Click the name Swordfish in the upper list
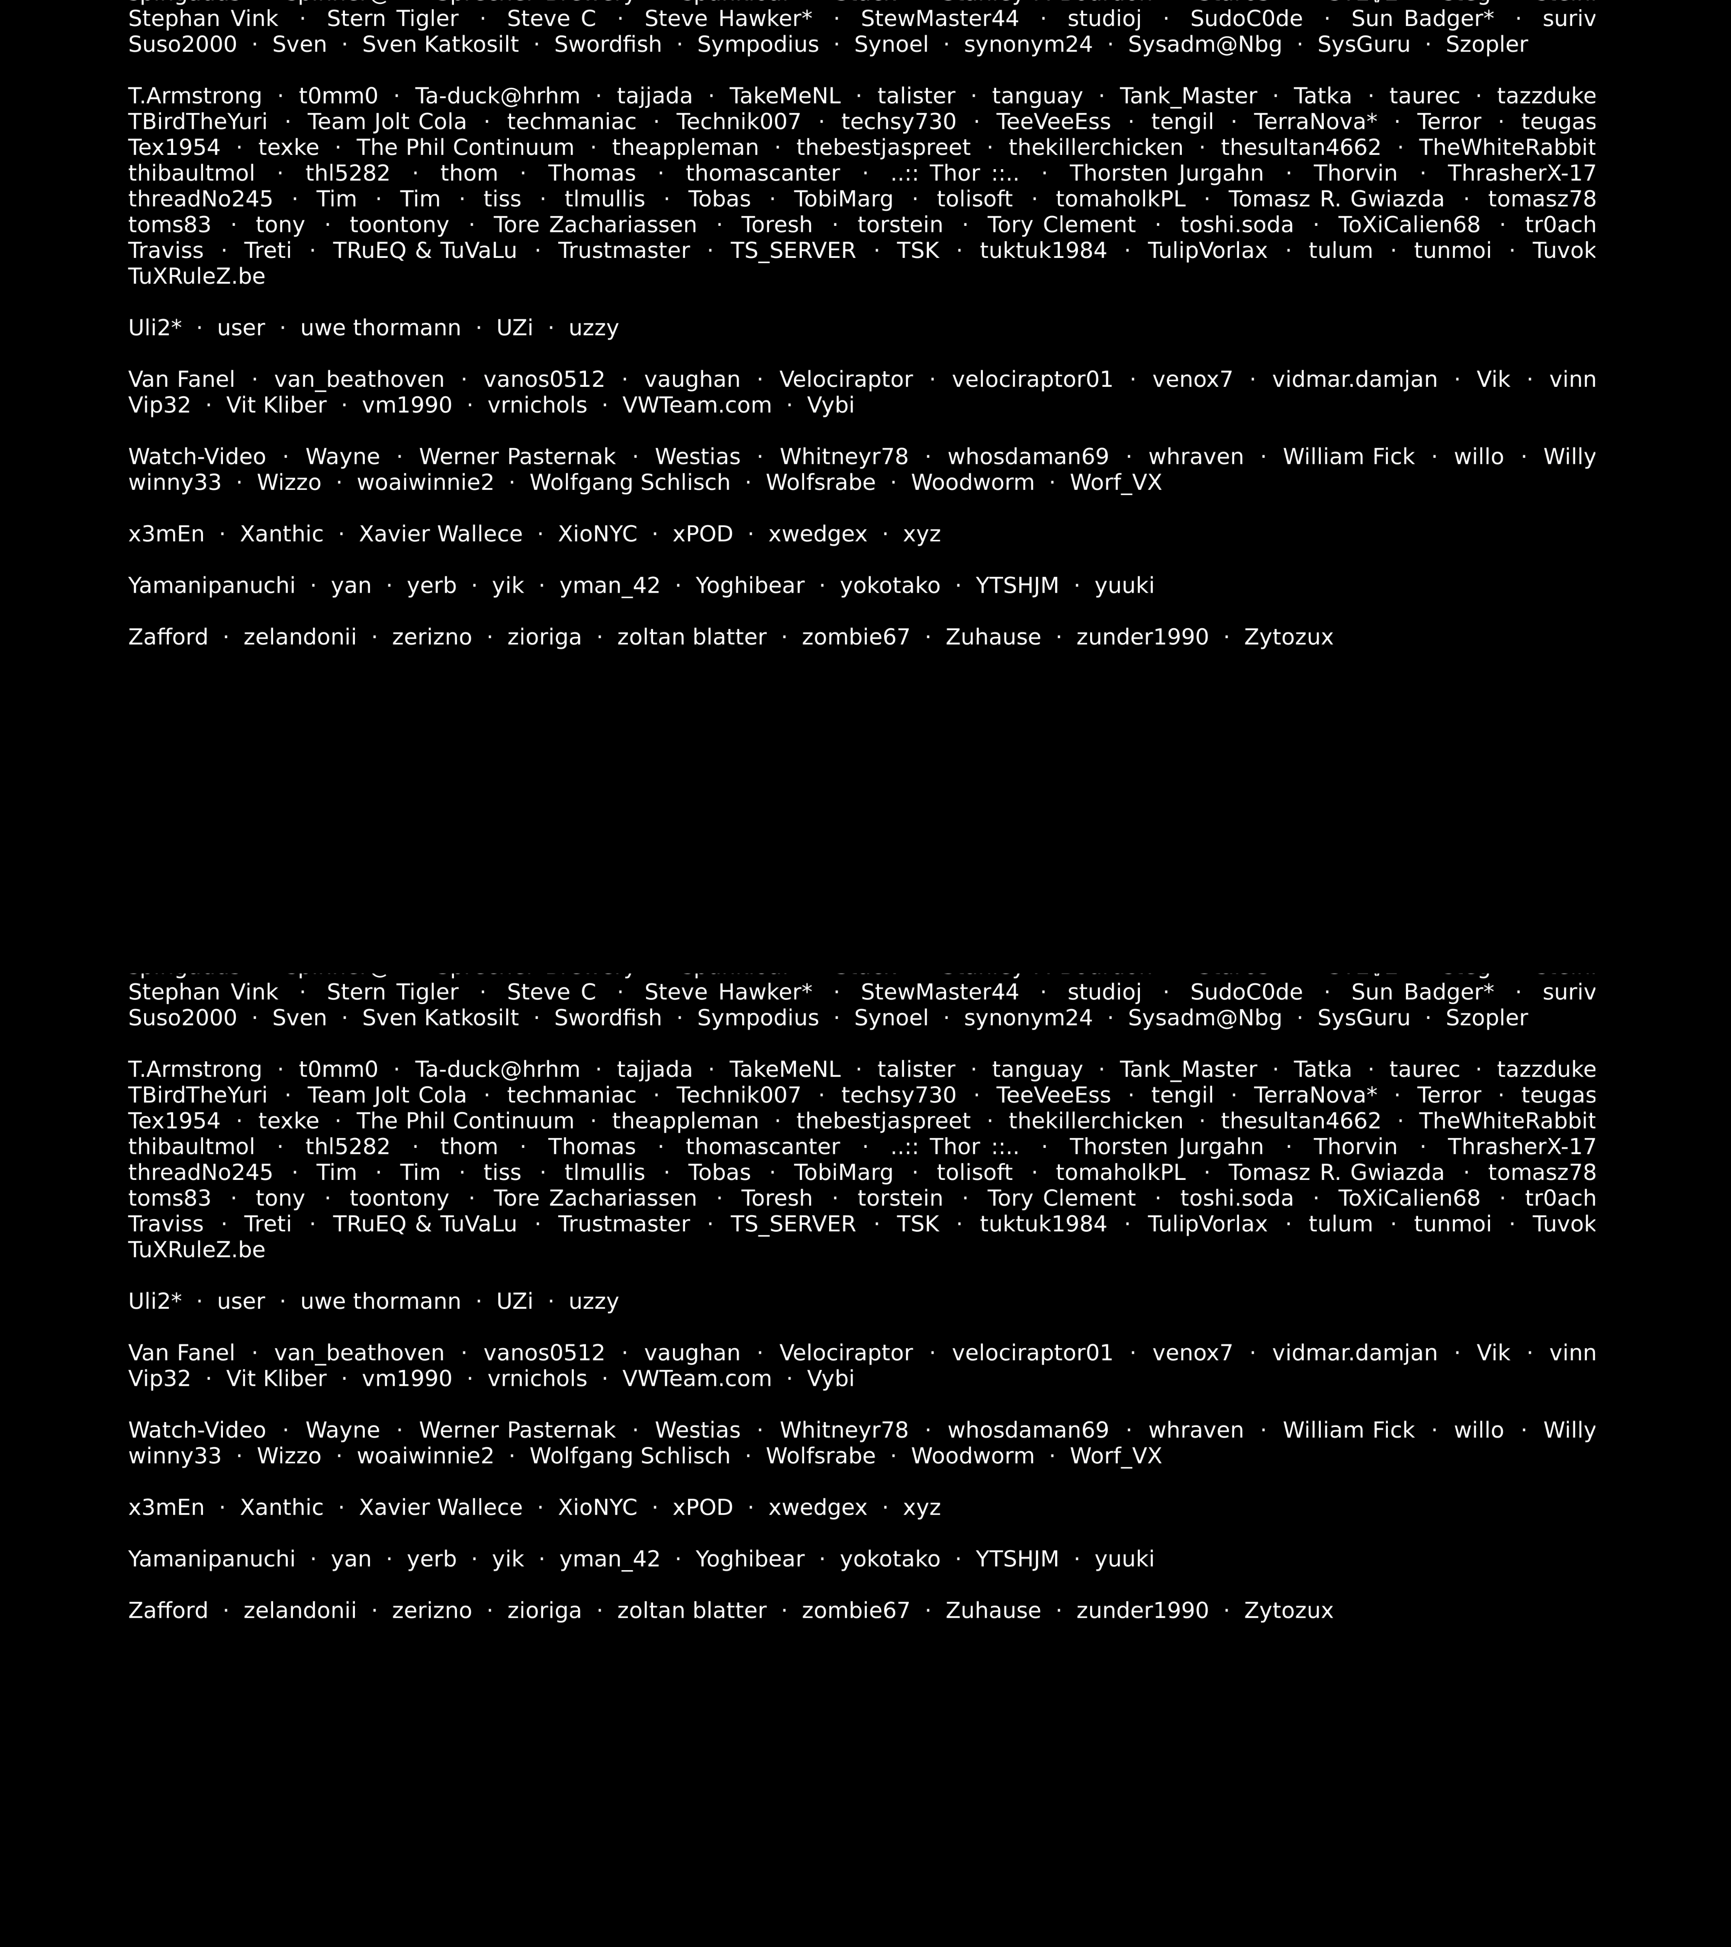pyautogui.click(x=608, y=45)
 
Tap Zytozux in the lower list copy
pyautogui.click(x=1288, y=1611)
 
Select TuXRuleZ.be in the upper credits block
pyautogui.click(x=196, y=277)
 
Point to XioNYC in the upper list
pyautogui.click(x=597, y=534)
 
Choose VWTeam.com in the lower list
pyautogui.click(x=696, y=1379)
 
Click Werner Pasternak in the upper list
pyautogui.click(x=517, y=457)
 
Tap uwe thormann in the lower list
pyautogui.click(x=380, y=1302)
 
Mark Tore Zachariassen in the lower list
pyautogui.click(x=595, y=1199)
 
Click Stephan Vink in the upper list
pyautogui.click(x=203, y=19)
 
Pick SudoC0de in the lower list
pyautogui.click(x=1246, y=993)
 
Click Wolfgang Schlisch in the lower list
pyautogui.click(x=630, y=1456)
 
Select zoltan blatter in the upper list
pyautogui.click(x=692, y=637)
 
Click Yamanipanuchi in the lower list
pyautogui.click(x=212, y=1559)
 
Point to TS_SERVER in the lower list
pyautogui.click(x=793, y=1225)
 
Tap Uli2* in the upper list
pyautogui.click(x=154, y=329)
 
